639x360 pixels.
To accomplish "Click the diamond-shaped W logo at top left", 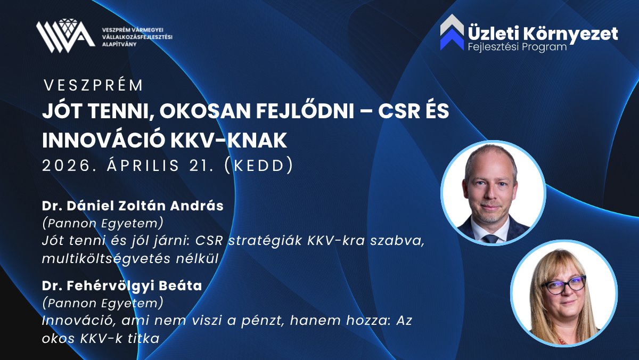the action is pyautogui.click(x=65, y=36).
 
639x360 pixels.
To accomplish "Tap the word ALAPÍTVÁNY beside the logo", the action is pyautogui.click(x=119, y=44).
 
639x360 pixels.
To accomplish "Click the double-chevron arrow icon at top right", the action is pyautogui.click(x=452, y=32).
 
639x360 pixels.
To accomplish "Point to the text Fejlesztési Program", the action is pyautogui.click(x=517, y=47).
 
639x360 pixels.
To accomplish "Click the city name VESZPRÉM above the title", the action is pyautogui.click(x=93, y=85).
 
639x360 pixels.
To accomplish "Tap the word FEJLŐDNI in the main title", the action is pyautogui.click(x=305, y=111).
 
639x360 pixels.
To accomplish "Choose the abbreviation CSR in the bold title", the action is pyautogui.click(x=399, y=111).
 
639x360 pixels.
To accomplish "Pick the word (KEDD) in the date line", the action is pyautogui.click(x=259, y=165).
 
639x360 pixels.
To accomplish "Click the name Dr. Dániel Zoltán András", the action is pyautogui.click(x=133, y=206).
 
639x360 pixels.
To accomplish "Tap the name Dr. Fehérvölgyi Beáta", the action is pyautogui.click(x=122, y=286).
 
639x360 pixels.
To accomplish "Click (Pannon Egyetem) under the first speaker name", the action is pyautogui.click(x=103, y=223).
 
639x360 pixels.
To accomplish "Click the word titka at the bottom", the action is pyautogui.click(x=143, y=339).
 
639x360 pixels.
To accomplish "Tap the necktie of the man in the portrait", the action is pyautogui.click(x=490, y=239).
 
